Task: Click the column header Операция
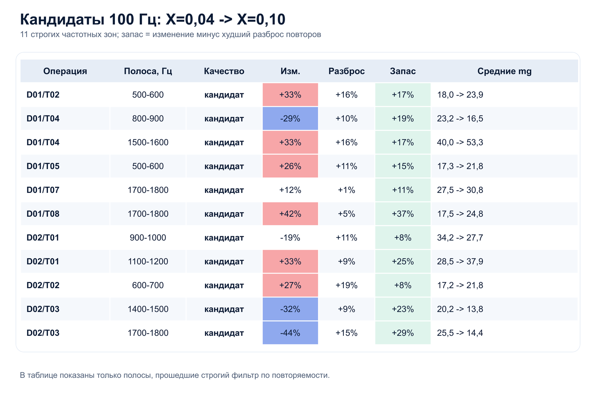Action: point(65,71)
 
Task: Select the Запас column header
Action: point(403,71)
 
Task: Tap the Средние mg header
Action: point(504,71)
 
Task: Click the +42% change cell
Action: point(290,214)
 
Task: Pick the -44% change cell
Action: point(290,333)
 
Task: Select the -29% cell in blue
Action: point(290,118)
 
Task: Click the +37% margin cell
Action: point(403,214)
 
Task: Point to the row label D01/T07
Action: point(43,190)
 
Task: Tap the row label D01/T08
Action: point(43,214)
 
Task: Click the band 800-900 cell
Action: point(148,118)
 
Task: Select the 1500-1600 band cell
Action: point(148,142)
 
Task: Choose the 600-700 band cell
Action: point(148,285)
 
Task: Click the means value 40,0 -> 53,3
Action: point(460,142)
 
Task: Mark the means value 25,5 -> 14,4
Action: point(460,333)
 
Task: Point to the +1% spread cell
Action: point(347,190)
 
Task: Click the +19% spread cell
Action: point(347,285)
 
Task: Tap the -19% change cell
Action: point(290,238)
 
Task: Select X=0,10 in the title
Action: point(261,20)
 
